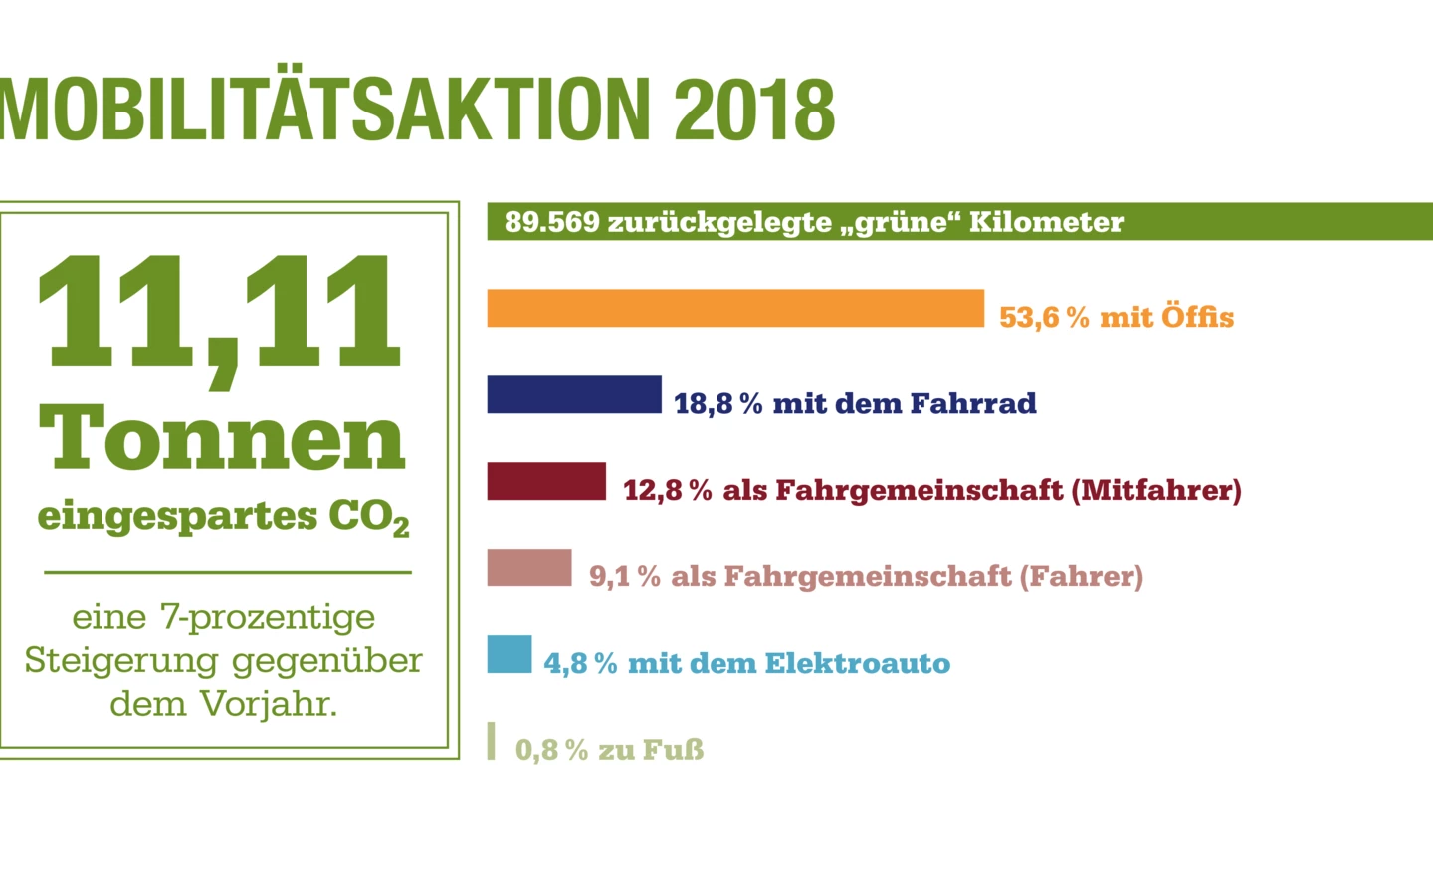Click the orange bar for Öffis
[x=735, y=308]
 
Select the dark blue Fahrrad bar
[x=574, y=394]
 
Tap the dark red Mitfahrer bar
[x=546, y=481]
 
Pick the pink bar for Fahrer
[x=529, y=567]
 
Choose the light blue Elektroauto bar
[x=510, y=654]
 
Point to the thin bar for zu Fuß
[x=491, y=741]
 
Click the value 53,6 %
[x=1044, y=318]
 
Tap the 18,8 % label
[x=717, y=404]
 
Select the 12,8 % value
[x=667, y=491]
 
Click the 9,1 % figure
[x=624, y=577]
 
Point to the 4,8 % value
[x=580, y=664]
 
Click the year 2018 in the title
[x=754, y=110]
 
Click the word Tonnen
[x=223, y=439]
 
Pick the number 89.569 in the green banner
[x=551, y=222]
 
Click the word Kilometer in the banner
[x=1046, y=222]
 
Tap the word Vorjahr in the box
[x=269, y=704]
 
